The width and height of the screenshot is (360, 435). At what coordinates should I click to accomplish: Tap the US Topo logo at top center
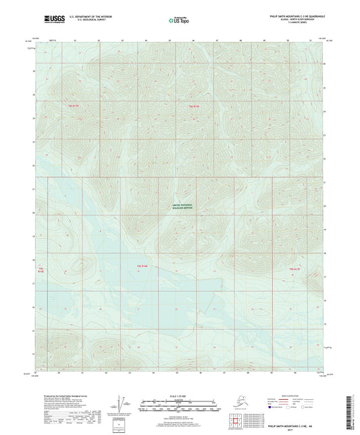[178, 21]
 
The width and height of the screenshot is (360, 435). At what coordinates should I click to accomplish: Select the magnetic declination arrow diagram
[120, 404]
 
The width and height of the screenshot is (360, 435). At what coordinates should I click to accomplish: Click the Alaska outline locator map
[234, 403]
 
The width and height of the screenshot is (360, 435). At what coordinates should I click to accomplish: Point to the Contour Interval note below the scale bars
[179, 414]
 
